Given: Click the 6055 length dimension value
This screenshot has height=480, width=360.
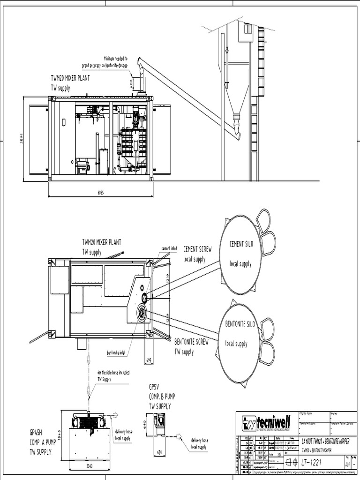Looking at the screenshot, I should click(101, 192).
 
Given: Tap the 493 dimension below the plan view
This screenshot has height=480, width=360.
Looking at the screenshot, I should click(149, 360).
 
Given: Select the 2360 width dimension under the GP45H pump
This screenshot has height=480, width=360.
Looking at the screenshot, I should click(89, 466).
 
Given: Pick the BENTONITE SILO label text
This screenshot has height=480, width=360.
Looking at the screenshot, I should click(240, 324).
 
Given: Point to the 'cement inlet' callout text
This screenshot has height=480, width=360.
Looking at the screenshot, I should click(169, 248).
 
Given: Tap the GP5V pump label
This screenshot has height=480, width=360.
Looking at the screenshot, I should click(155, 387).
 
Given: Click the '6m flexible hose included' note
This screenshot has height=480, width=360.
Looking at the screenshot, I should click(113, 373).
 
